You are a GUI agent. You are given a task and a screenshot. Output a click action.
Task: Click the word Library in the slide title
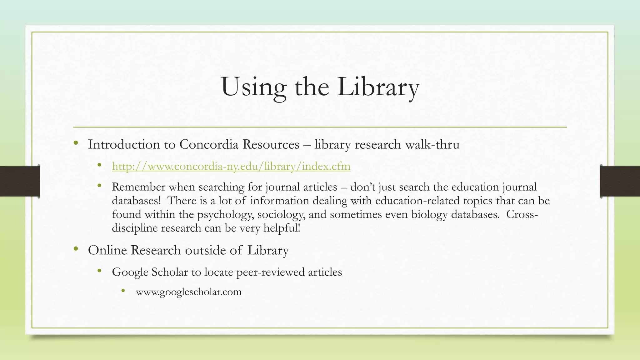(x=378, y=87)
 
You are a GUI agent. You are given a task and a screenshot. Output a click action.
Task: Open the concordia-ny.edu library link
(x=231, y=166)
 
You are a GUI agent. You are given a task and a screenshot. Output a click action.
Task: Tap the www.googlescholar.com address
(x=188, y=292)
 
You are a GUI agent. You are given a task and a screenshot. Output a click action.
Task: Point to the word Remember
(x=138, y=187)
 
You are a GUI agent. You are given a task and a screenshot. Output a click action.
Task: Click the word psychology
(x=226, y=214)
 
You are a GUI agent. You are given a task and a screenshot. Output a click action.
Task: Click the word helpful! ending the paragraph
(x=282, y=228)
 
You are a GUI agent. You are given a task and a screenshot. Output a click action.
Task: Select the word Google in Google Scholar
(x=130, y=272)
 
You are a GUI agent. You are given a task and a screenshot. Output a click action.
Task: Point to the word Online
(x=107, y=250)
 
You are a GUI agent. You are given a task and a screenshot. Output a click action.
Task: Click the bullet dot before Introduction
(x=76, y=143)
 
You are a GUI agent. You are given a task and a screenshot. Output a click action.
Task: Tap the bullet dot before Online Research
(x=76, y=249)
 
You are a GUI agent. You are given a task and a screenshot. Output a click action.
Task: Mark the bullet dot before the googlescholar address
(x=123, y=291)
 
